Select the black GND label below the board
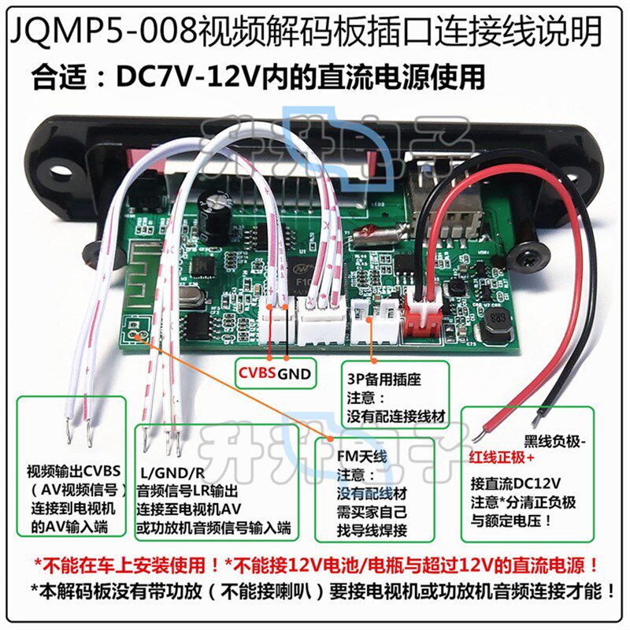(295, 372)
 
